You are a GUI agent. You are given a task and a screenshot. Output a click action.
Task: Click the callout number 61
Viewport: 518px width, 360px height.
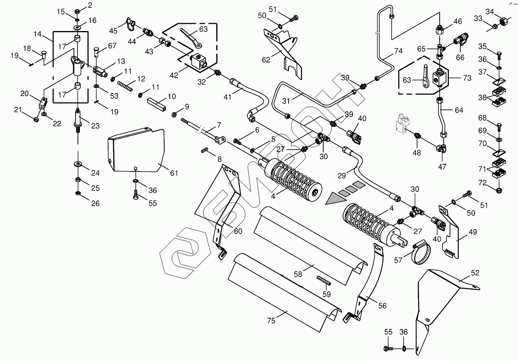174,173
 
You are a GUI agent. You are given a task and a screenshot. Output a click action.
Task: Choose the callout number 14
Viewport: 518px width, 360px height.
38,35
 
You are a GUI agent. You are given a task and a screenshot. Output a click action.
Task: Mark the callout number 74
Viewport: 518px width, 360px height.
398,51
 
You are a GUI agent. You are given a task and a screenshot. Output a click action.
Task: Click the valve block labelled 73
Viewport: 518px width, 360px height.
440,77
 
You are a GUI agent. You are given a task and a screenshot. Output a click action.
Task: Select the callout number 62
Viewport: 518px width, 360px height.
266,60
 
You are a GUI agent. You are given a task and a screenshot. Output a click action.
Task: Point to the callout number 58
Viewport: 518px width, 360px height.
298,274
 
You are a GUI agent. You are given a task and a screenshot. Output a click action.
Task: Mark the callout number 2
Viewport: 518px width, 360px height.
90,5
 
